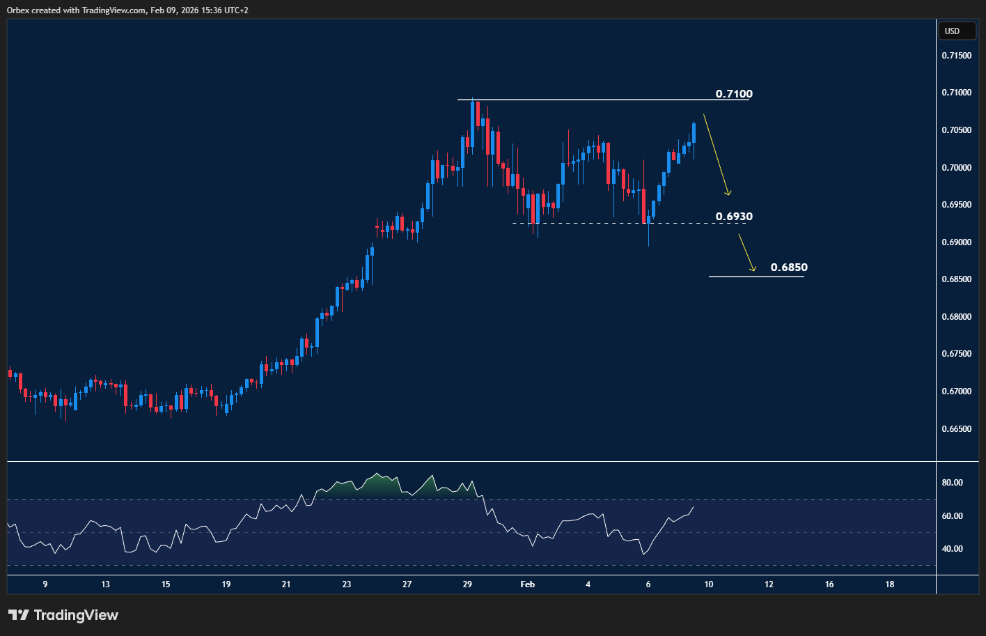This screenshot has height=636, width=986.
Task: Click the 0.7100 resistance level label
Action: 734,94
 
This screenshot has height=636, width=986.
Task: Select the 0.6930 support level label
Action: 734,217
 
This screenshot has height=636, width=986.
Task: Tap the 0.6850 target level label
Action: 789,267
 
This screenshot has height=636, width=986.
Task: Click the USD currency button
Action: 952,31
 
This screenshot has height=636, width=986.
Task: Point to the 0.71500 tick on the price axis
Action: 956,56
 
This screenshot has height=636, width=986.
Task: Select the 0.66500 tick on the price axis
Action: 956,429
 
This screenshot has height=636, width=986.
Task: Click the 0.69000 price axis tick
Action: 956,242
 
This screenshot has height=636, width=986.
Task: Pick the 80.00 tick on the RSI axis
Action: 952,483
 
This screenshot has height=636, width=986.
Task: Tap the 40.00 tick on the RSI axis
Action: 952,549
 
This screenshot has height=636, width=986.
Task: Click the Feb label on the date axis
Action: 528,584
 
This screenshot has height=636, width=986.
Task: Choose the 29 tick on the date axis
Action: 467,584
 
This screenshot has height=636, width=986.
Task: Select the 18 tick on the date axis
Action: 890,584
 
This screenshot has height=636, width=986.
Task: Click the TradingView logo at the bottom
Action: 63,615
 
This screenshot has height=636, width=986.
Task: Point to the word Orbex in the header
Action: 17,10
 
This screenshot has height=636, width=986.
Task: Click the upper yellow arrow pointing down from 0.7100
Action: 717,155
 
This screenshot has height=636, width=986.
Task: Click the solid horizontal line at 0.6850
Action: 756,277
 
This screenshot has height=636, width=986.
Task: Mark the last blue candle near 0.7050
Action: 694,132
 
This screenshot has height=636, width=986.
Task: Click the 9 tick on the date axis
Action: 45,584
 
